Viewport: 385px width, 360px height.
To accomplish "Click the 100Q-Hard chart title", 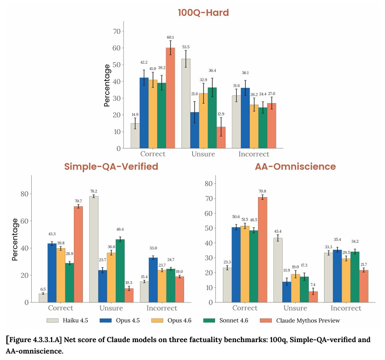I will [203, 13].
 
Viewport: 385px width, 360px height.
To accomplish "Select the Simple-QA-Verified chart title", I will [111, 166].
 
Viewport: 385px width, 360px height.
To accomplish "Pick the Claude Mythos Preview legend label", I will [308, 320].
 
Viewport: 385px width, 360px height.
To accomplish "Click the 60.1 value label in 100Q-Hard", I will [170, 37].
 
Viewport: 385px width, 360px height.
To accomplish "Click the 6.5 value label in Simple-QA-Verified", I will [43, 289].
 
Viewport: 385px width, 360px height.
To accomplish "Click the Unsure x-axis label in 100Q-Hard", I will [203, 154].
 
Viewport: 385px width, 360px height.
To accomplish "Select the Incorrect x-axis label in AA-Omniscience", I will [346, 308].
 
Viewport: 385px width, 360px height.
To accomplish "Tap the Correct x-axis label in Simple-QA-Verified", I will [61, 308].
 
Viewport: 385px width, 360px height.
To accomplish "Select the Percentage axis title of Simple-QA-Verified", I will [14, 239].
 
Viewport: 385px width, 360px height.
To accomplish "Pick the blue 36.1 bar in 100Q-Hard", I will [245, 118].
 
